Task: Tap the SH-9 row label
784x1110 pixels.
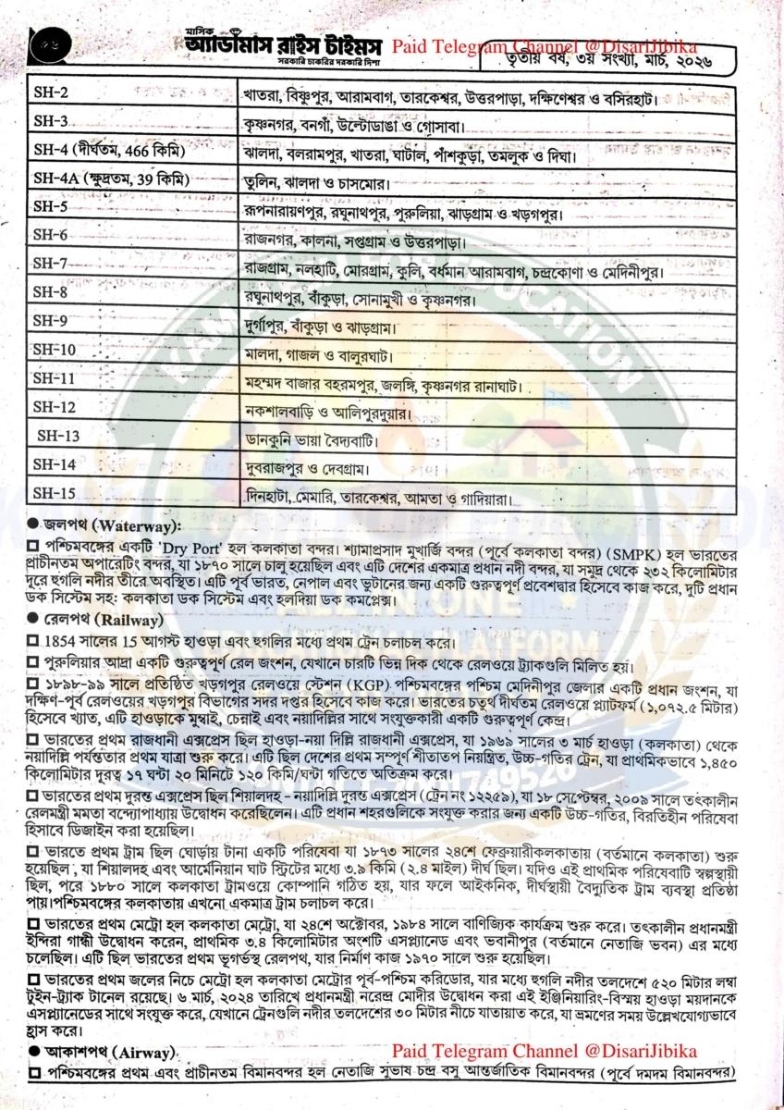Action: [x=48, y=322]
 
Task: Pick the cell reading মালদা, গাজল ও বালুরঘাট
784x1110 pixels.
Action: [x=316, y=355]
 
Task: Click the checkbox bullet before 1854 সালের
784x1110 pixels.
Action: [x=32, y=640]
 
